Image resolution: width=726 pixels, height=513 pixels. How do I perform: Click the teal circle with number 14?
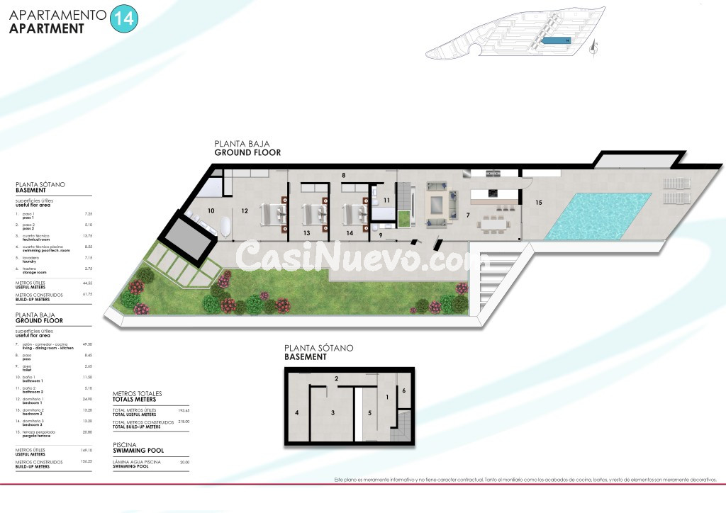tap(125, 19)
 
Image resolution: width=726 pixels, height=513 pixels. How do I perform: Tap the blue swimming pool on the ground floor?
tap(600, 215)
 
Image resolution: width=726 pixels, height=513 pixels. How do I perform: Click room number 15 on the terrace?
tap(539, 203)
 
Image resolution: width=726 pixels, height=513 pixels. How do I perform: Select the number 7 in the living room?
tap(467, 214)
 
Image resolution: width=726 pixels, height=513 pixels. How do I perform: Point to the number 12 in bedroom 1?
tap(244, 210)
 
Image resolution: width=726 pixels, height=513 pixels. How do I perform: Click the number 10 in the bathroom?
tap(211, 210)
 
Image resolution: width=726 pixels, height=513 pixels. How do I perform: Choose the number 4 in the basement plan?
tap(297, 412)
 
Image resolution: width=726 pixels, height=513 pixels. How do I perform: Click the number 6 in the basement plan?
tap(403, 391)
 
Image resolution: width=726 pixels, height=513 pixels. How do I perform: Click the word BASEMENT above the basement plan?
tap(306, 357)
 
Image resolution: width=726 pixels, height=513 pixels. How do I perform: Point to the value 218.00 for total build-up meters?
tap(185, 422)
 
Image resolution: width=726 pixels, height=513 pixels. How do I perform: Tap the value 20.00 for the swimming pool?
tap(185, 462)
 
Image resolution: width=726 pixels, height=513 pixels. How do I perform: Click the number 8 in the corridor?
tap(343, 174)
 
